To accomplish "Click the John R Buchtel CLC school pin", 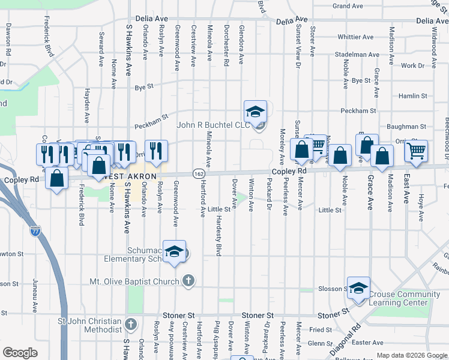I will pyautogui.click(x=255, y=112).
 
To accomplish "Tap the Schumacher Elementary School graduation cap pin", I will pyautogui.click(x=174, y=252).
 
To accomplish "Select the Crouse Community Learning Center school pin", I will pyautogui.click(x=358, y=288).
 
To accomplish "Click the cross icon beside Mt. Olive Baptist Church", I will pyautogui.click(x=188, y=281).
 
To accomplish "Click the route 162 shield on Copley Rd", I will pyautogui.click(x=198, y=173).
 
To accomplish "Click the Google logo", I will pyautogui.click(x=20, y=352).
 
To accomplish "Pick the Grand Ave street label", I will pyautogui.click(x=348, y=6).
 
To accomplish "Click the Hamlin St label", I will pyautogui.click(x=412, y=95).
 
